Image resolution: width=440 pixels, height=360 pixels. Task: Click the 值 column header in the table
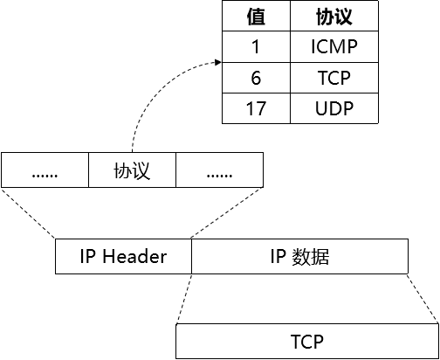[x=256, y=17]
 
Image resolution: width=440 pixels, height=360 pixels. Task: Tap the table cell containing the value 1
[x=256, y=47]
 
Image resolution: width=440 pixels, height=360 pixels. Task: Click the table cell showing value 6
[x=256, y=78]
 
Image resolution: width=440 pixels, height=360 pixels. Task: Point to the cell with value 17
[x=256, y=108]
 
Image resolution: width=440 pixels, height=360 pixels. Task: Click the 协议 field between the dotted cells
[x=132, y=170]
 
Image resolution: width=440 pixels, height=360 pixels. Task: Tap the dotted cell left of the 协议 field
[x=45, y=170]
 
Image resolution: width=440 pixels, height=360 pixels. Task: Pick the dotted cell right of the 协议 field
[x=219, y=170]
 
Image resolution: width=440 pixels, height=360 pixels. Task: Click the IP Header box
[x=123, y=257]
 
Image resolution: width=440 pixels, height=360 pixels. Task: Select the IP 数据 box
[x=299, y=257]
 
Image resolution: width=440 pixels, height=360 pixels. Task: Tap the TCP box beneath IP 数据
[x=306, y=341]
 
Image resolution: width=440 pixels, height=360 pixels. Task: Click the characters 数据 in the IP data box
[x=312, y=257]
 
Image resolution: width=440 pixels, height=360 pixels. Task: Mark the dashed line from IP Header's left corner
[x=28, y=212]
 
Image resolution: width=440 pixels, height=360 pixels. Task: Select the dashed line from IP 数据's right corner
[x=423, y=299]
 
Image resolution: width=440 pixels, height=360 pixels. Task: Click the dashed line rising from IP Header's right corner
[x=227, y=212]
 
